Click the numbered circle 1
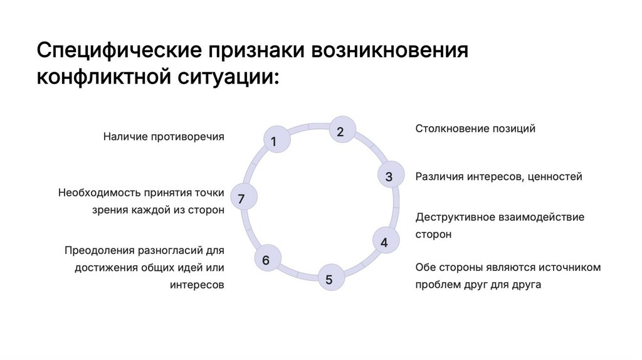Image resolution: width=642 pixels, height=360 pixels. point(273,142)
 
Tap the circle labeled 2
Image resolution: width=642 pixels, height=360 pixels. point(340,131)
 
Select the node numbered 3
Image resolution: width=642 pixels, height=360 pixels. point(389,177)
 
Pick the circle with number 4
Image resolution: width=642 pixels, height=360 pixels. point(384,242)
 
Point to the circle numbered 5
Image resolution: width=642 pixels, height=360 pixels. point(329,279)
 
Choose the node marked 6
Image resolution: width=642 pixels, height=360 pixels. point(266,260)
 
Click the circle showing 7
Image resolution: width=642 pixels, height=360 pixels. point(241,199)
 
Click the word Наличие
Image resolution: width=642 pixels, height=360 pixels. point(124,136)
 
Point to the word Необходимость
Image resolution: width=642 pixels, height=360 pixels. point(98,193)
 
